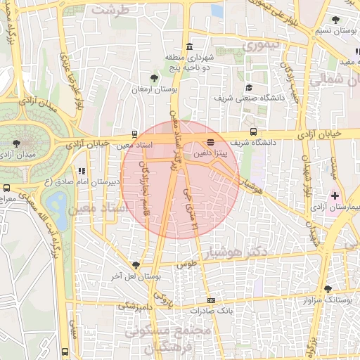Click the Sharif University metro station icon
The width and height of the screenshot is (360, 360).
pyautogui.click(x=253, y=132)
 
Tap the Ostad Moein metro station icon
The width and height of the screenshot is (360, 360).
pyautogui.click(x=135, y=134)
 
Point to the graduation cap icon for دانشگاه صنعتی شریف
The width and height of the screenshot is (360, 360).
pyautogui.click(x=249, y=88)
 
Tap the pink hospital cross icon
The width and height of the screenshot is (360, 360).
pyautogui.click(x=335, y=195)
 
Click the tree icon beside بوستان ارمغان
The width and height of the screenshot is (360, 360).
pyautogui.click(x=155, y=78)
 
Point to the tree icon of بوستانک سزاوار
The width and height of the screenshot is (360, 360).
pyautogui.click(x=328, y=289)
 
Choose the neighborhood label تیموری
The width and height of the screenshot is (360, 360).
pyautogui.click(x=262, y=46)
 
